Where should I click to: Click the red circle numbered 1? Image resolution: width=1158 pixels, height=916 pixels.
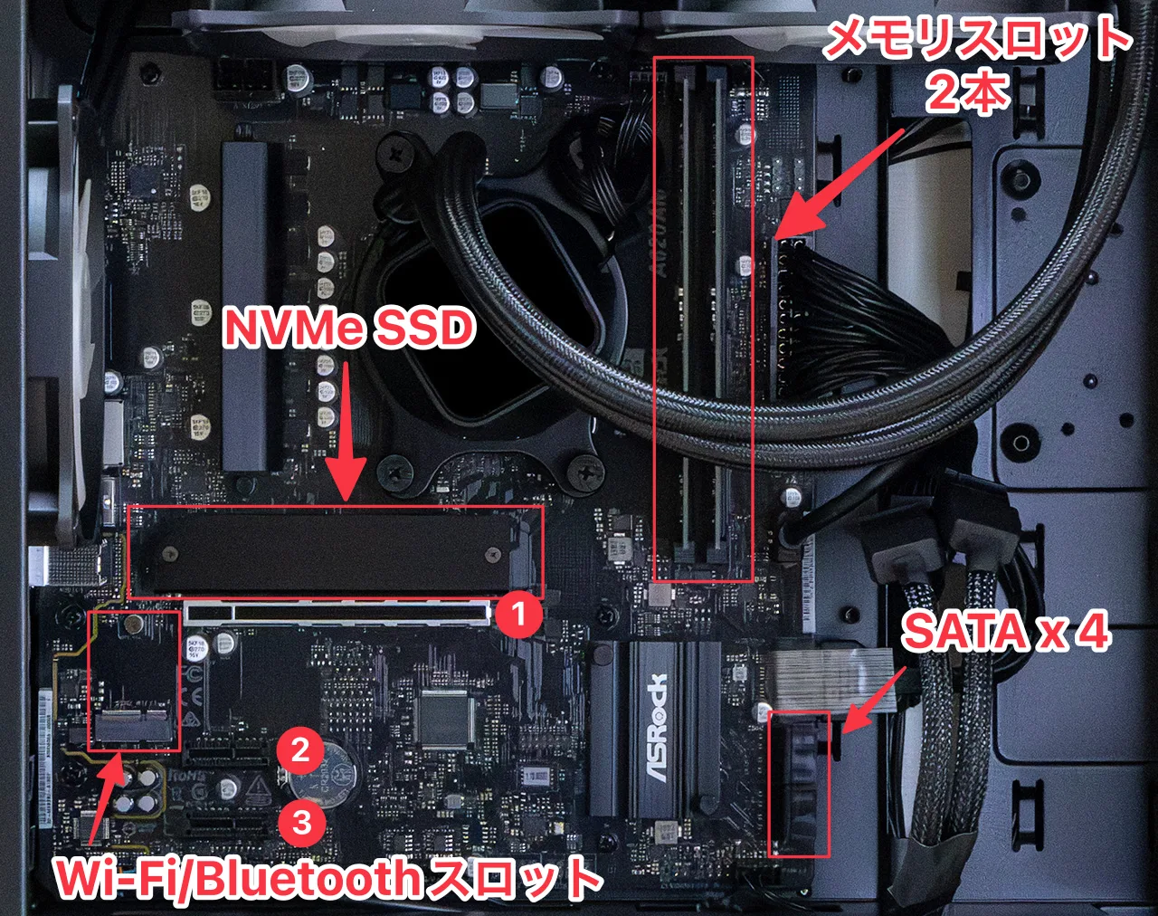click(x=517, y=614)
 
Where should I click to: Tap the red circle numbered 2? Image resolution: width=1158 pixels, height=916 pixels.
click(x=299, y=750)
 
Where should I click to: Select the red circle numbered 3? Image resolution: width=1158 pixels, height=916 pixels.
click(x=301, y=823)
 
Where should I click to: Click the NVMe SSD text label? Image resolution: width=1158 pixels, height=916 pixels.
click(x=349, y=329)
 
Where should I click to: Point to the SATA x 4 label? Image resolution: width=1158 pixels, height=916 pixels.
click(x=1005, y=632)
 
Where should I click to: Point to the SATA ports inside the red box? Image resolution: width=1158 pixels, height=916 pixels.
click(x=799, y=784)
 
